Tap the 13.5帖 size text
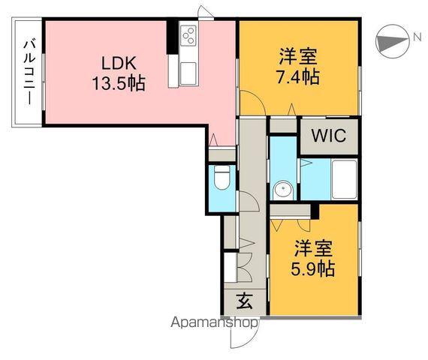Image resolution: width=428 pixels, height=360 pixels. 119,83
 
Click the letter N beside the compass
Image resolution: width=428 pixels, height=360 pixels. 415,37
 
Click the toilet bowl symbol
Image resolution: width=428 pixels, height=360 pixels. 222,179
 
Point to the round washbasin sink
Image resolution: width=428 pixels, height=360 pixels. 282,189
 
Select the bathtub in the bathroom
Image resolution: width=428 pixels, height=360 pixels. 344,179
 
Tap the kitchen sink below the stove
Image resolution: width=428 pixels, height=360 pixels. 187,72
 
